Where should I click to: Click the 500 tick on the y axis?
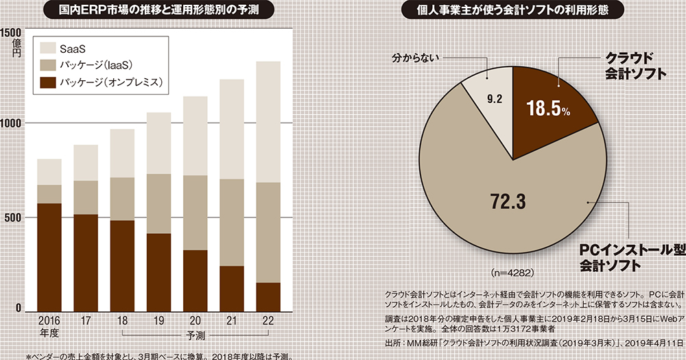tap(15, 217)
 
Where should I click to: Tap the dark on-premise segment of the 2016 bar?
tap(49, 257)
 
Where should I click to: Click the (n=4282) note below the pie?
tap(511, 272)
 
